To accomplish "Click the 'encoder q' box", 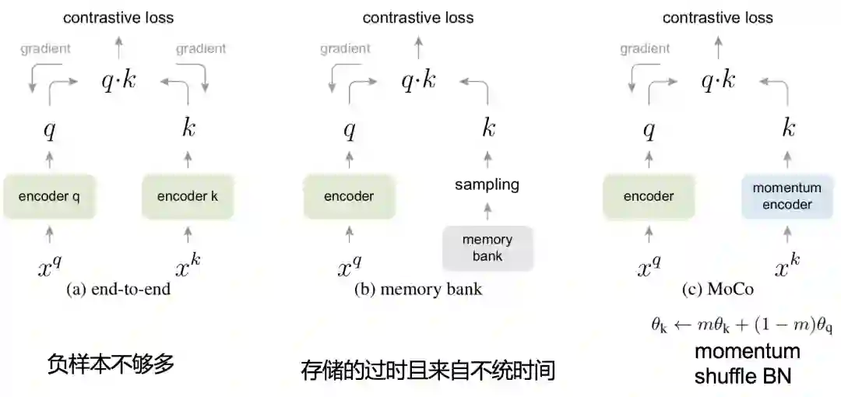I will coord(49,196).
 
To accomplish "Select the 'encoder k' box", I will coord(188,196).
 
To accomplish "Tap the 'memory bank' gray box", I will coord(487,248).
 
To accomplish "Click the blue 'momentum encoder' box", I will coord(787,196).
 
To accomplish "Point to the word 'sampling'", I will coord(487,184).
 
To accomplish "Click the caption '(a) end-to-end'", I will coord(118,290).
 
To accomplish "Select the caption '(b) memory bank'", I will coord(418,290).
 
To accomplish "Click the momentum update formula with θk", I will coord(742,325).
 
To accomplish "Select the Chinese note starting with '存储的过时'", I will coord(428,370).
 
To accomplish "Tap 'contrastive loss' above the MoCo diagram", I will coord(718,17).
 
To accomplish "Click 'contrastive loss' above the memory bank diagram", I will coord(418,17).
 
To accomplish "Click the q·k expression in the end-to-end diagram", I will coord(119,80).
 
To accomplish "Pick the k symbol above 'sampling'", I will coord(488,128).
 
